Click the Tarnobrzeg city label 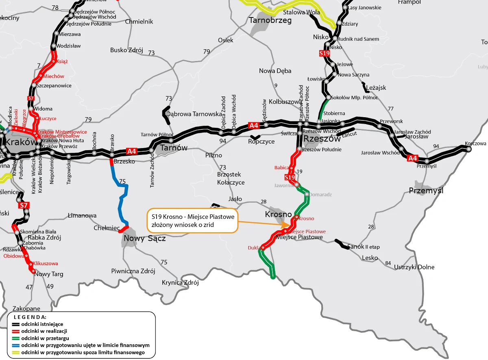pos(270,20)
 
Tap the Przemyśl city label pos(426,190)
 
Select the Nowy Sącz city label pos(145,238)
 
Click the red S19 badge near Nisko pos(324,53)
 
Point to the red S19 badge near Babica pos(290,177)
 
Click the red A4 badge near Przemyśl pos(412,158)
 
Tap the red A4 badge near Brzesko pos(132,151)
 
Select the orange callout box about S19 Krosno pos(192,221)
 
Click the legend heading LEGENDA pos(30,316)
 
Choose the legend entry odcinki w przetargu pos(45,338)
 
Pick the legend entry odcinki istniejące pos(42,324)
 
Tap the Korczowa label pos(475,144)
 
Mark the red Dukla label pos(254,248)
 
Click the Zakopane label pos(26,309)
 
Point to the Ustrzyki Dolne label pos(414,267)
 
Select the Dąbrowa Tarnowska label pos(194,114)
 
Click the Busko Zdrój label pos(126,50)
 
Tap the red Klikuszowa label pos(45,264)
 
